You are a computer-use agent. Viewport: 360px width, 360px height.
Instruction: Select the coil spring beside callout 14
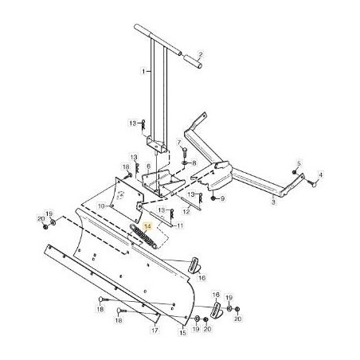[x=143, y=237]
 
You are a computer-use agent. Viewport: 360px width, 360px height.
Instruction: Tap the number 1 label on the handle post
[x=143, y=71]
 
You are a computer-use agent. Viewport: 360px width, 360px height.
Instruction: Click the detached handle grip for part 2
[x=191, y=61]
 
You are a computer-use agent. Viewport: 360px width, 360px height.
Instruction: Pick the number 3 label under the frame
[x=273, y=204]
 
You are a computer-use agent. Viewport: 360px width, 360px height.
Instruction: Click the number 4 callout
[x=322, y=174]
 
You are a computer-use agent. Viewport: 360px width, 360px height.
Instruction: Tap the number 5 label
[x=299, y=162]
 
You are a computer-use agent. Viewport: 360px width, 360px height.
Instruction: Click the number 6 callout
[x=148, y=166]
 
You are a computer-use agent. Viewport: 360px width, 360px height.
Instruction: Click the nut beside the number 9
[x=213, y=198]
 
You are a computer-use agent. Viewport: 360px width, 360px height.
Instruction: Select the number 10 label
[x=100, y=205]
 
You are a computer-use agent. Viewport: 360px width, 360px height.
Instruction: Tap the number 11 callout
[x=180, y=226]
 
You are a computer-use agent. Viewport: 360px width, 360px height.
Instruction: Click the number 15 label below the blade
[x=183, y=333]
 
